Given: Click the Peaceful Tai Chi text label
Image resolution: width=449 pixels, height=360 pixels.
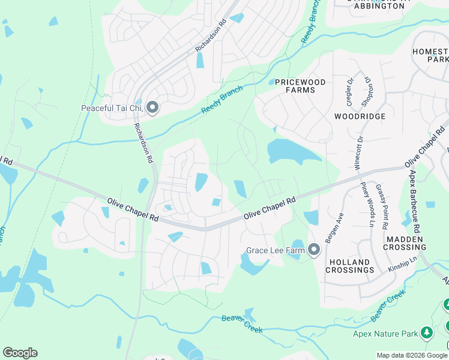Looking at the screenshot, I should point(112,109).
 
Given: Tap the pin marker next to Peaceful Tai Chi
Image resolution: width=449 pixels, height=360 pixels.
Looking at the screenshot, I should point(152,108).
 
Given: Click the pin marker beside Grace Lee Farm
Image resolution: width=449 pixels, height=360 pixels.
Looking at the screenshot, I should point(313,250).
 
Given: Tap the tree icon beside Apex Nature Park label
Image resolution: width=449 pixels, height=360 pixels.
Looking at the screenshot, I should point(427,332).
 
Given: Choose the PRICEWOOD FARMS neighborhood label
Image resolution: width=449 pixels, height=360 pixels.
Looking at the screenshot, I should point(300,86).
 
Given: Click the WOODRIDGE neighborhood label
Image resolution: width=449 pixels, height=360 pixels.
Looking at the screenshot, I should point(360,116).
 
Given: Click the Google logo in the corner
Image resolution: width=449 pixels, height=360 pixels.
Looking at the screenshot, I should point(20,353).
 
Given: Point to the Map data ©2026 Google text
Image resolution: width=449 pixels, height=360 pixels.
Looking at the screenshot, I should point(411,355).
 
